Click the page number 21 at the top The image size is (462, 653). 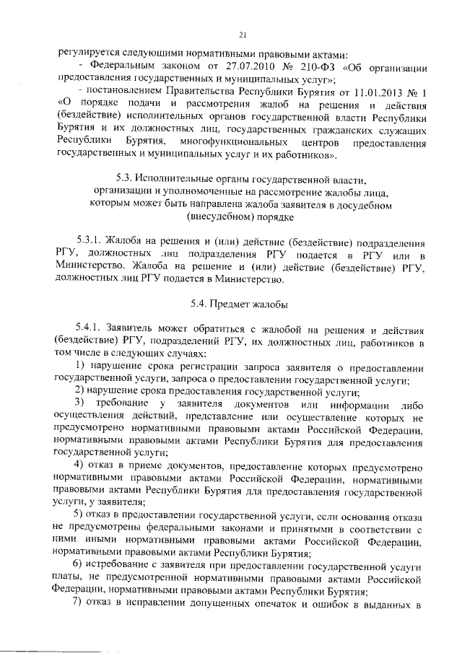pos(243,34)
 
